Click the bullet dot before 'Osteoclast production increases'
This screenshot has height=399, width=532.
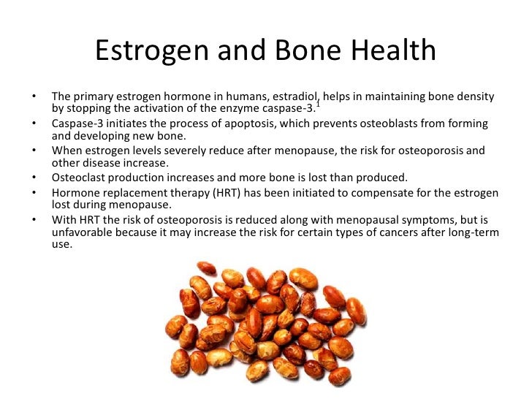[x=34, y=178]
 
